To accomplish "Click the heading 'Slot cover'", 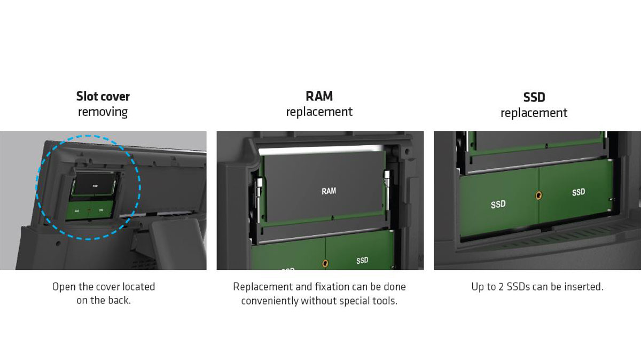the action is click(x=103, y=97).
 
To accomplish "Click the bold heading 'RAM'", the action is click(x=319, y=96).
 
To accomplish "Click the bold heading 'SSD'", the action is click(x=534, y=97).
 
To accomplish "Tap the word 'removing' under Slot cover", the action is click(x=103, y=112).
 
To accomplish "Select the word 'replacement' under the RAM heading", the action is click(x=319, y=112).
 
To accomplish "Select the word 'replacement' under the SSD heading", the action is click(x=534, y=113).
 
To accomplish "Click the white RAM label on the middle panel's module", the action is click(x=329, y=191).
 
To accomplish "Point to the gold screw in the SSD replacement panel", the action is click(x=538, y=195).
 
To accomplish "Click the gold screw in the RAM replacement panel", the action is click(x=325, y=263).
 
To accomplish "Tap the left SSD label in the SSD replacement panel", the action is click(x=498, y=205).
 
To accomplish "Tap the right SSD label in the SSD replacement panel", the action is click(x=579, y=192).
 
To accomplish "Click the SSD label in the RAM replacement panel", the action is click(x=362, y=261).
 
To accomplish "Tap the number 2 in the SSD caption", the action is click(x=501, y=287).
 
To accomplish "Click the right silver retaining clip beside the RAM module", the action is click(x=387, y=194).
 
